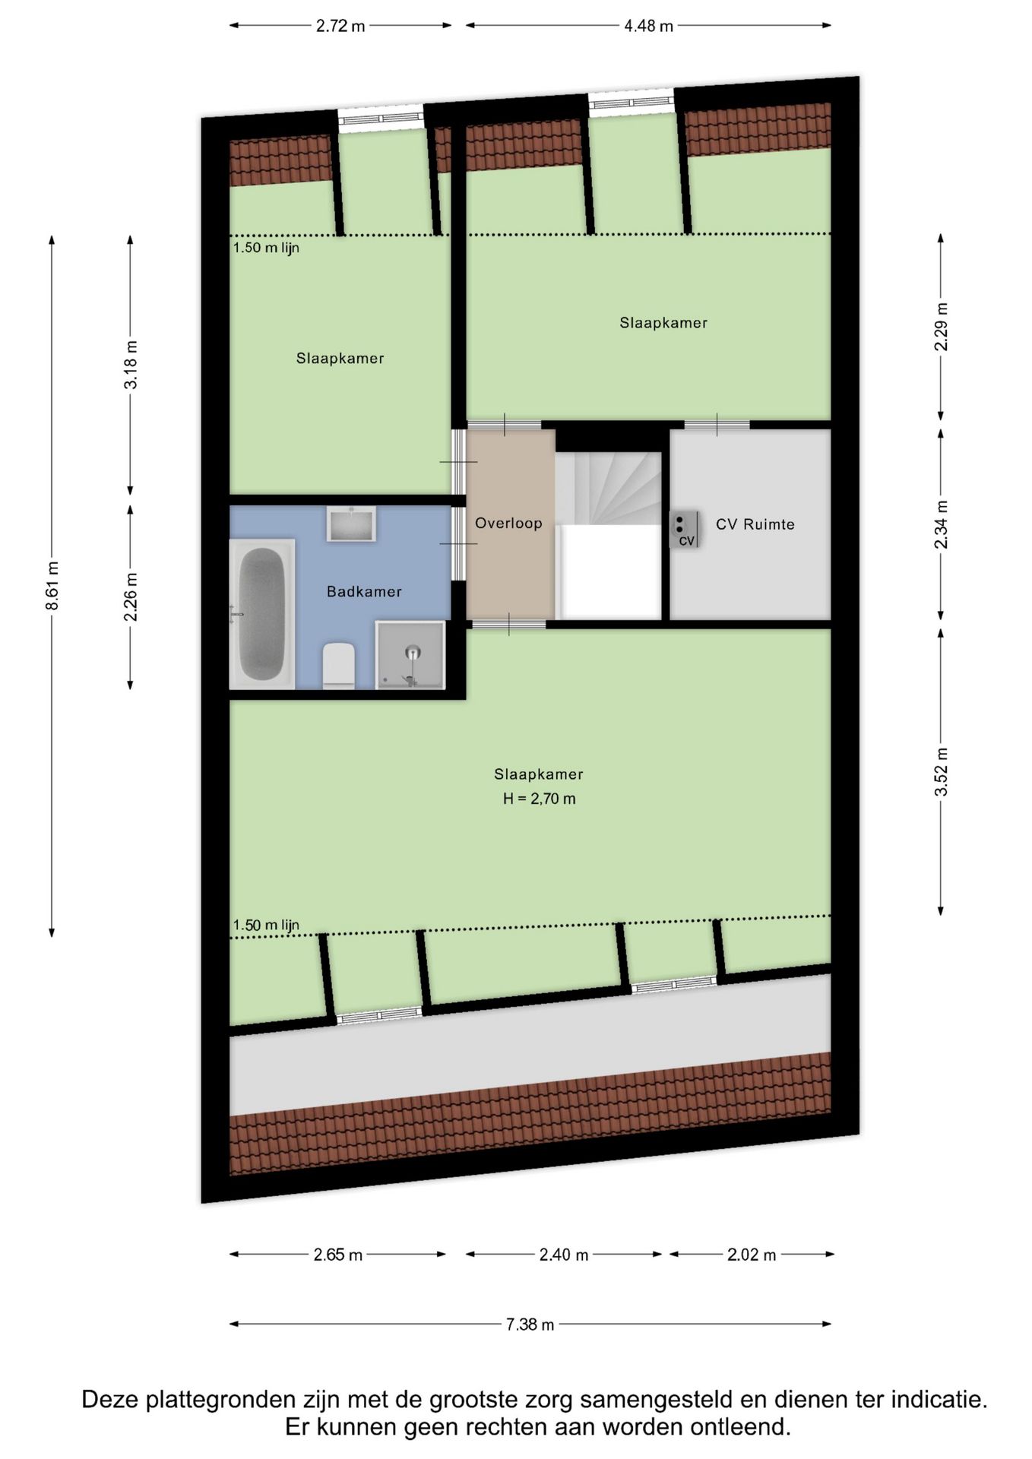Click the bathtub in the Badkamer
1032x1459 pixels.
tap(262, 614)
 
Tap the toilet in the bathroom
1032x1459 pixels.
tap(338, 666)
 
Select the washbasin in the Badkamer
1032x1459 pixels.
tap(351, 524)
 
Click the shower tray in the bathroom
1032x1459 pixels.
tap(410, 654)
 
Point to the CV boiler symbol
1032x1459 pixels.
tap(684, 529)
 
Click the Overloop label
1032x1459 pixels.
tap(508, 523)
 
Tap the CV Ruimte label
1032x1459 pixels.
tap(755, 524)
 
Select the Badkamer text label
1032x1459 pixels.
tap(364, 591)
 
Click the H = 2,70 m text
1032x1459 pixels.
tap(539, 799)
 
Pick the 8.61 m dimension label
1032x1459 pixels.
tap(52, 585)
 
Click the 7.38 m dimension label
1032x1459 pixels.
tap(530, 1324)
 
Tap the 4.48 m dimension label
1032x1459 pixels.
tap(648, 26)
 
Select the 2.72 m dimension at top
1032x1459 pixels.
tap(340, 26)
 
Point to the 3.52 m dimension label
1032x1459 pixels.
tap(941, 772)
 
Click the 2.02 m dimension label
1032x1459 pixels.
tap(751, 1255)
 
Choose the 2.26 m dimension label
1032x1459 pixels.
tap(131, 597)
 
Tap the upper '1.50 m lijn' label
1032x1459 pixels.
tap(266, 248)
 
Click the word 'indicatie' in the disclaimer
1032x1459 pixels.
tap(937, 1399)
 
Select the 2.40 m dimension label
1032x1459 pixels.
tap(563, 1255)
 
